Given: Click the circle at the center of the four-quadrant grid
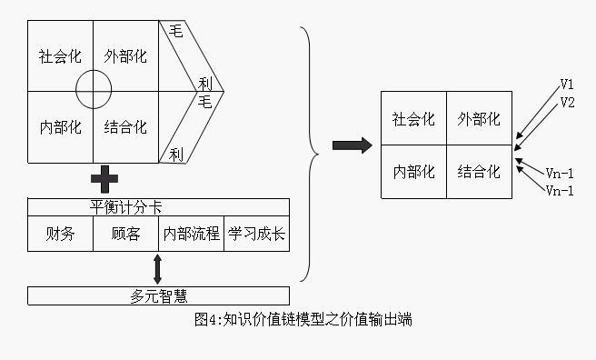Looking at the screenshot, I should [x=94, y=91].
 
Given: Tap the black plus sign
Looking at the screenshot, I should [x=104, y=180].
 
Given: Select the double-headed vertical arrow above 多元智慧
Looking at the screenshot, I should [x=158, y=269].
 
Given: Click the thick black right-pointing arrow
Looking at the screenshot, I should [x=352, y=145].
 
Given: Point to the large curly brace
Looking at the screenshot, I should [x=312, y=153].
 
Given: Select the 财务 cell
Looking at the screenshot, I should [x=60, y=234].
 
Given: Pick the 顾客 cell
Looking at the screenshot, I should [x=125, y=234].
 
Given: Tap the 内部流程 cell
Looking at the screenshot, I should [x=191, y=234].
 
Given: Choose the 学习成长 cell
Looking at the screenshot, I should [x=256, y=234].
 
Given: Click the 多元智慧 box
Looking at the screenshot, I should [x=158, y=295].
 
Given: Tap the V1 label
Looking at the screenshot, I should [x=567, y=85].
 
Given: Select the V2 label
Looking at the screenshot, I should [x=567, y=102].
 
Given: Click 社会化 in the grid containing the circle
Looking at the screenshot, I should [x=60, y=56].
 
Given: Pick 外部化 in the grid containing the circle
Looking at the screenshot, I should [x=125, y=56].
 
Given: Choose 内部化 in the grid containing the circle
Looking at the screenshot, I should [x=60, y=126].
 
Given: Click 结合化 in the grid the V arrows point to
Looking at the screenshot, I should [x=479, y=171].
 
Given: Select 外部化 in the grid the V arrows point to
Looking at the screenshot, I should [x=479, y=119].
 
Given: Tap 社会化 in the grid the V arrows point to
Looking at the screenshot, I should [x=413, y=119].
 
